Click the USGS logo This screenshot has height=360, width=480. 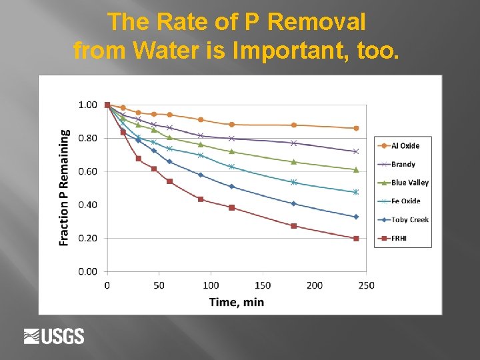point(54,336)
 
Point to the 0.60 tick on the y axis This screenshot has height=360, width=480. point(87,171)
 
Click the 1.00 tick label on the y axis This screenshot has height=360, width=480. point(87,105)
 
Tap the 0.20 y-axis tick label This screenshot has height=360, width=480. point(87,238)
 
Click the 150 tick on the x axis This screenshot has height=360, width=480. point(262,285)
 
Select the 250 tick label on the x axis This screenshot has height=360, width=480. point(366,285)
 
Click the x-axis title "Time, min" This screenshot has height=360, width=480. point(237,302)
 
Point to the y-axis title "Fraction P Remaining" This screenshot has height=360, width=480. point(65,187)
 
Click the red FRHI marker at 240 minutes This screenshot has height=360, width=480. point(356,238)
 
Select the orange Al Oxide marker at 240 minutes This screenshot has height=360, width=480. point(356,128)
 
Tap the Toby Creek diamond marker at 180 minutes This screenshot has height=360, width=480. point(294,203)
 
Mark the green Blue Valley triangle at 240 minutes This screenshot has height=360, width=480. point(356,169)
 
